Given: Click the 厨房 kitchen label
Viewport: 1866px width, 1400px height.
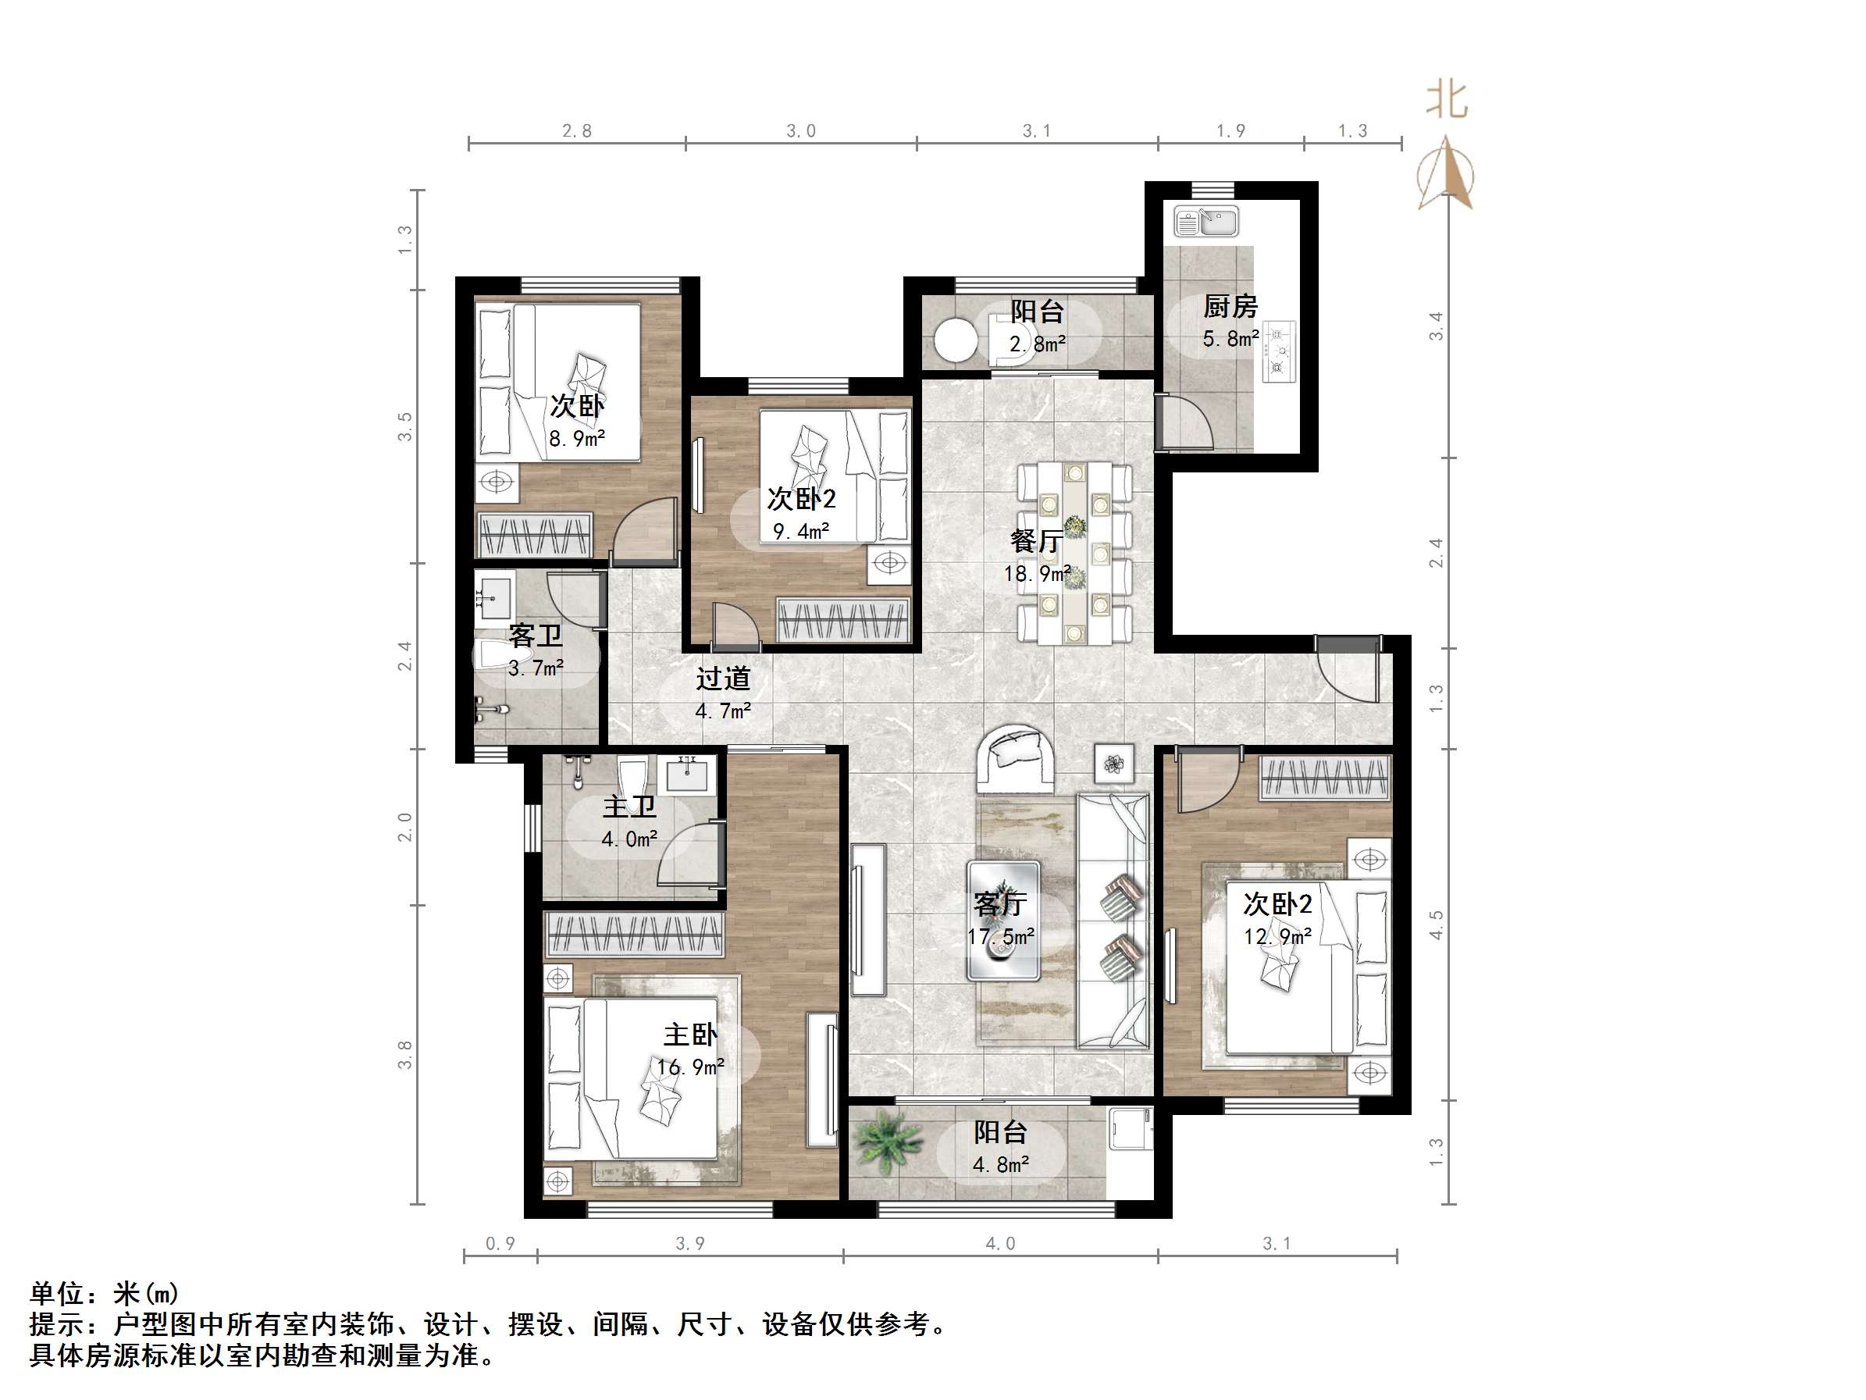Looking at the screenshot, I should (x=1229, y=305).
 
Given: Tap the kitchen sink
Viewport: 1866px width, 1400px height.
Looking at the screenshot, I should (x=1205, y=222).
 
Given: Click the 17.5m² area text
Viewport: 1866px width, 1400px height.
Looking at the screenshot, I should (x=1000, y=937).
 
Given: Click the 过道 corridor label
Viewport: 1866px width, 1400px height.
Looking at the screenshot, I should (x=723, y=679).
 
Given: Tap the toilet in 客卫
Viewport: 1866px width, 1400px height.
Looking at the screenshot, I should (x=501, y=655).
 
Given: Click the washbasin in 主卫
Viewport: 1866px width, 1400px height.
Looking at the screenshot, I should (x=687, y=773).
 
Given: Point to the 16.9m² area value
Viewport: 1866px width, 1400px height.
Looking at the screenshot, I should (x=690, y=1067).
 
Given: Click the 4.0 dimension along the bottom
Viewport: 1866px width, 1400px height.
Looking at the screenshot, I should (x=999, y=1244).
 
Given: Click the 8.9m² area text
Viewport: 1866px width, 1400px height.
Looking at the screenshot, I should (x=577, y=439).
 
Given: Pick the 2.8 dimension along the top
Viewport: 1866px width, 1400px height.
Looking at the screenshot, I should (x=577, y=131).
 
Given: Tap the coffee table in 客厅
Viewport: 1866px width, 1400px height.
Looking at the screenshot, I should (x=1003, y=920).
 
